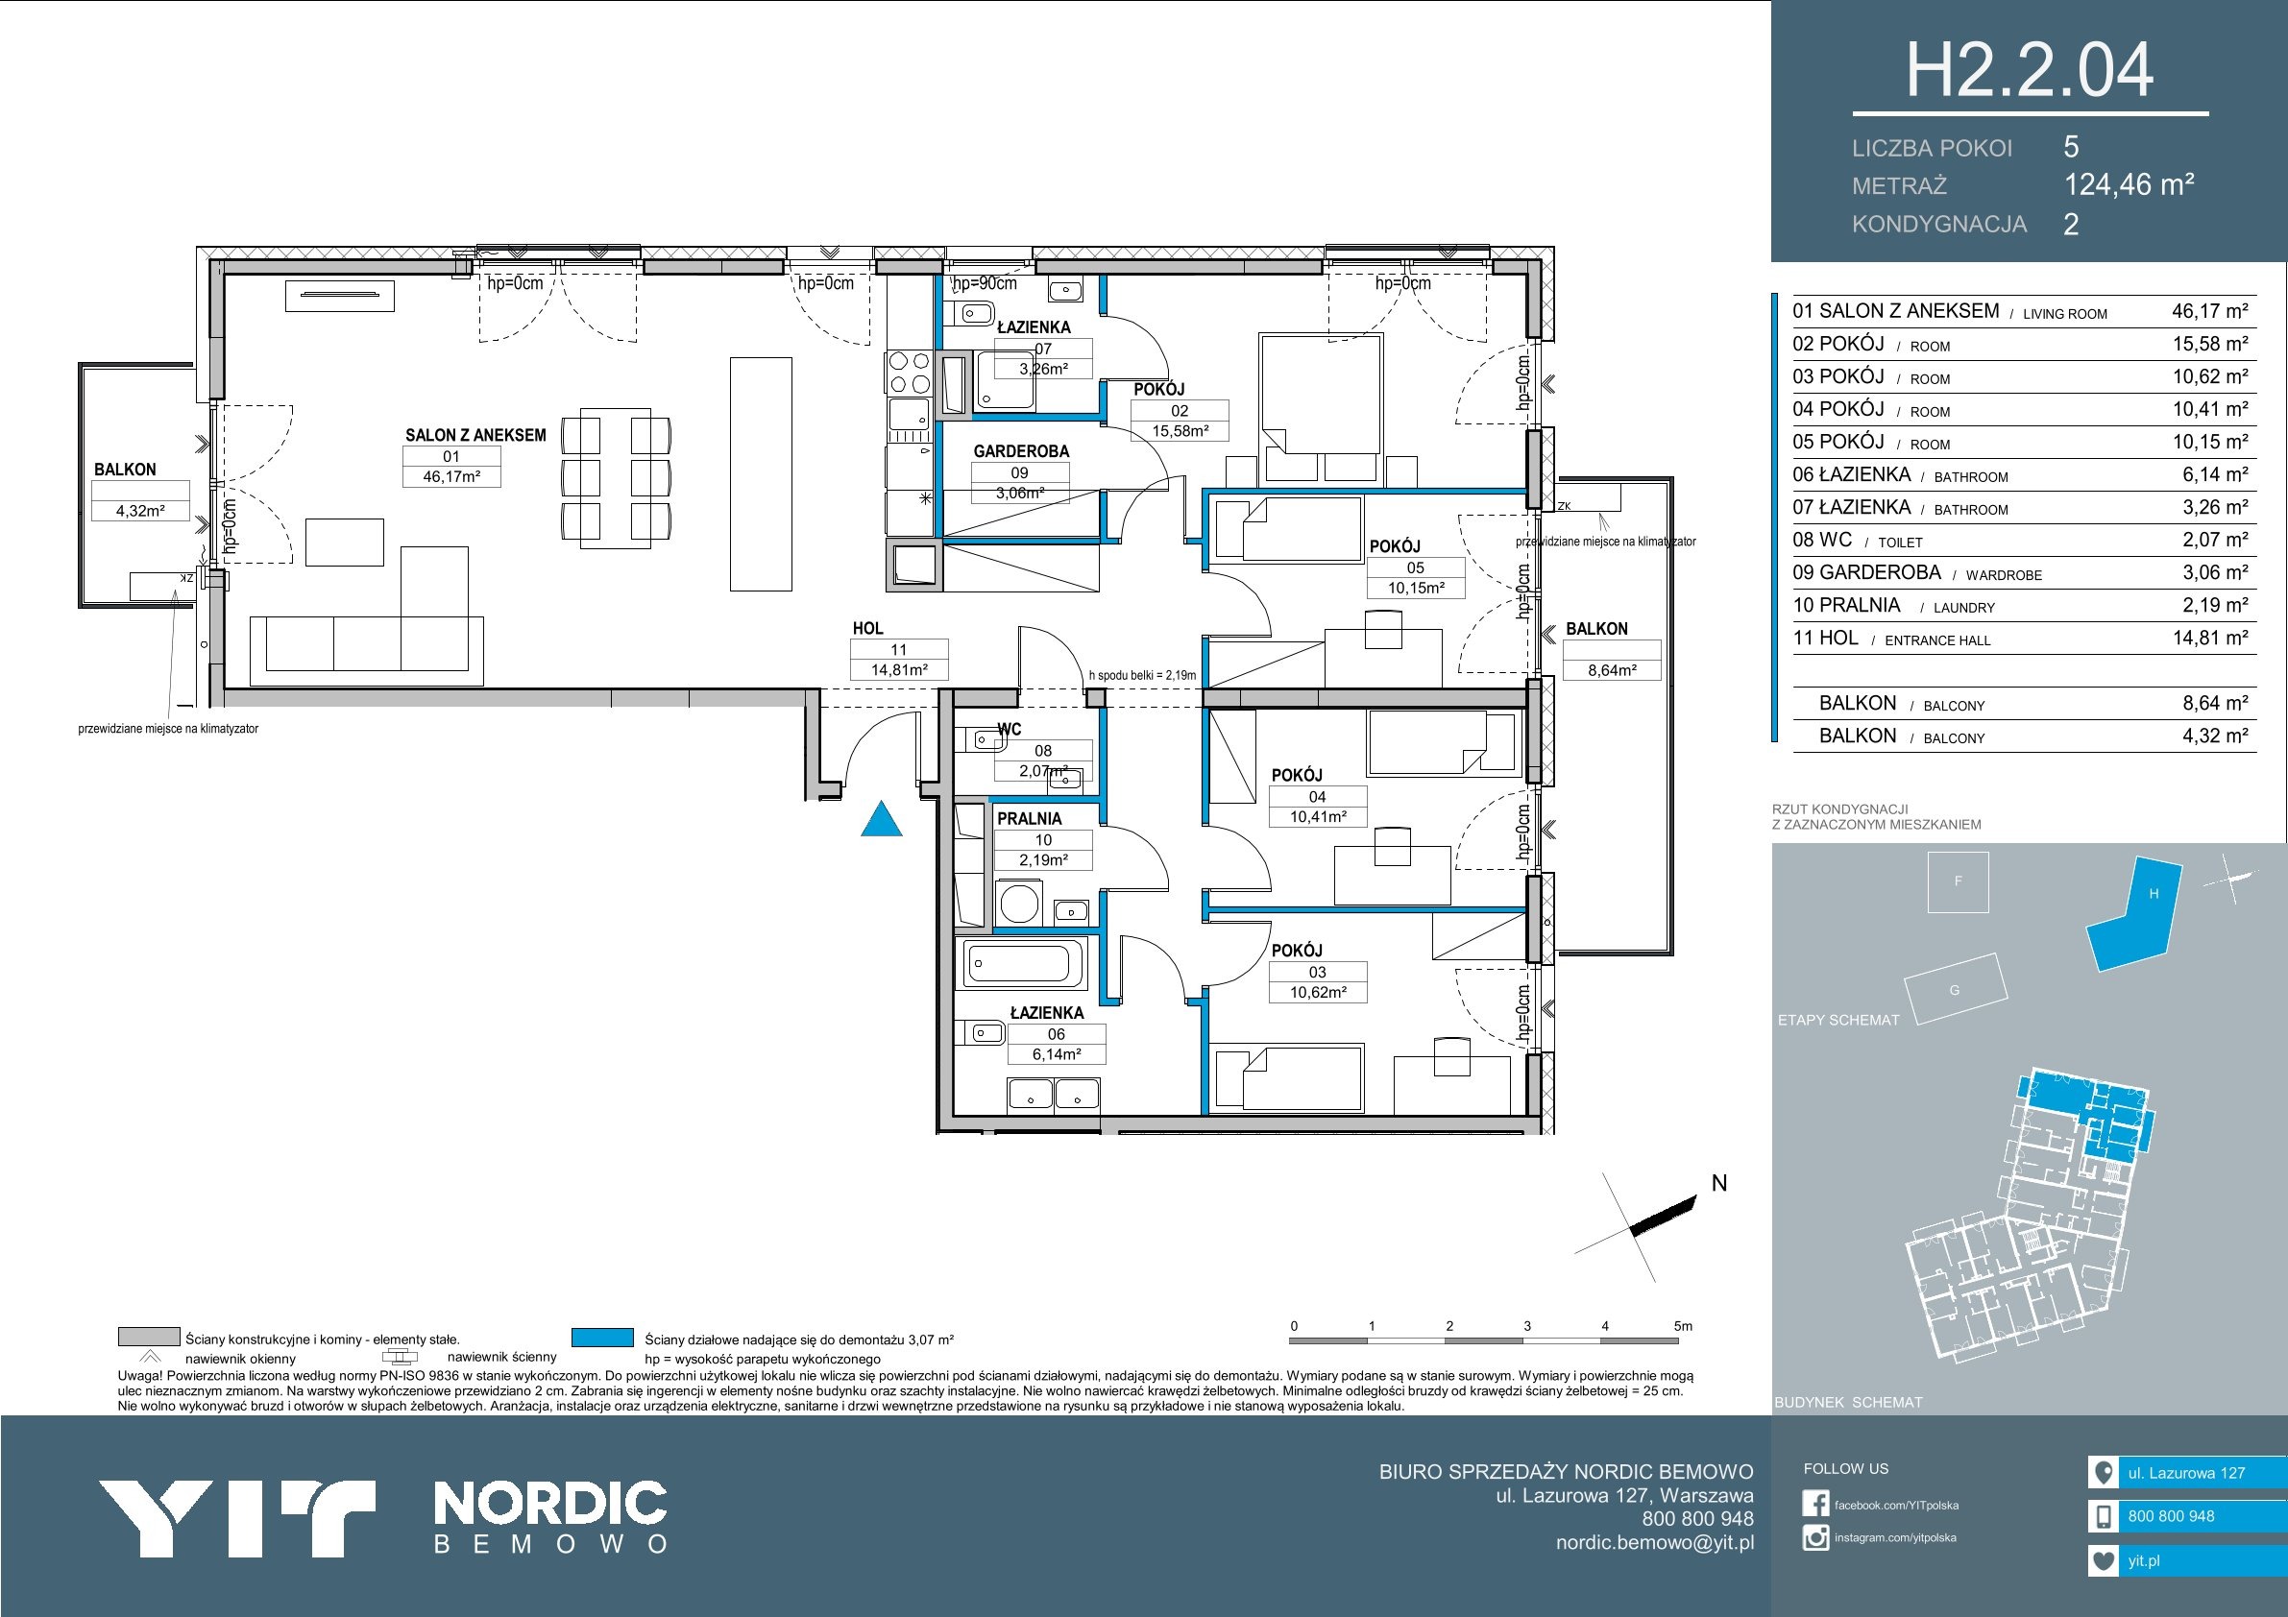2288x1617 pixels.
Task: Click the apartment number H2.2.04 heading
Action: point(2030,71)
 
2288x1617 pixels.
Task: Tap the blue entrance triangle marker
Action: point(881,820)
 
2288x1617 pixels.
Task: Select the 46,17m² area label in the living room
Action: point(451,477)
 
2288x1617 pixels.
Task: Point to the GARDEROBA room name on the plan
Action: point(1020,451)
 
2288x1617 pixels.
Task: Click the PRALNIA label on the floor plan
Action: point(1030,819)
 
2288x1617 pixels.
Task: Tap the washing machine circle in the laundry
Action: point(1019,905)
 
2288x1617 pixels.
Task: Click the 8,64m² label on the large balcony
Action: point(1613,670)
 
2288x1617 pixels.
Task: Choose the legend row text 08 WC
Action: point(1823,540)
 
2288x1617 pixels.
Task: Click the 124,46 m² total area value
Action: point(2129,184)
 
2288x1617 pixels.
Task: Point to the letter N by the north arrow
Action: point(1719,1183)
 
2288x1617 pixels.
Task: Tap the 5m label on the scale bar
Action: point(1683,1326)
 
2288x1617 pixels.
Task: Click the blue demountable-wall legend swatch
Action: point(603,1337)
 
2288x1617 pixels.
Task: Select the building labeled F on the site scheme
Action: point(1959,881)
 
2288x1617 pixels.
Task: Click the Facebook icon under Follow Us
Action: point(1815,1504)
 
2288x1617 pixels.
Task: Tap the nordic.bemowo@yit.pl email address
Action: point(1655,1542)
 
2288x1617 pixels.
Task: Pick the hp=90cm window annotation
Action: point(985,283)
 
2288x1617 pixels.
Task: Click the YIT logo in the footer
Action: point(237,1518)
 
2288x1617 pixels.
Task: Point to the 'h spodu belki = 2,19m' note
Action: point(1142,675)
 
